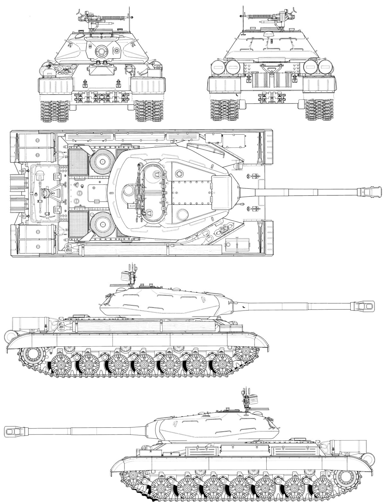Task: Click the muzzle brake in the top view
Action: click(x=369, y=192)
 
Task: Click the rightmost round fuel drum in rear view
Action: click(x=327, y=68)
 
